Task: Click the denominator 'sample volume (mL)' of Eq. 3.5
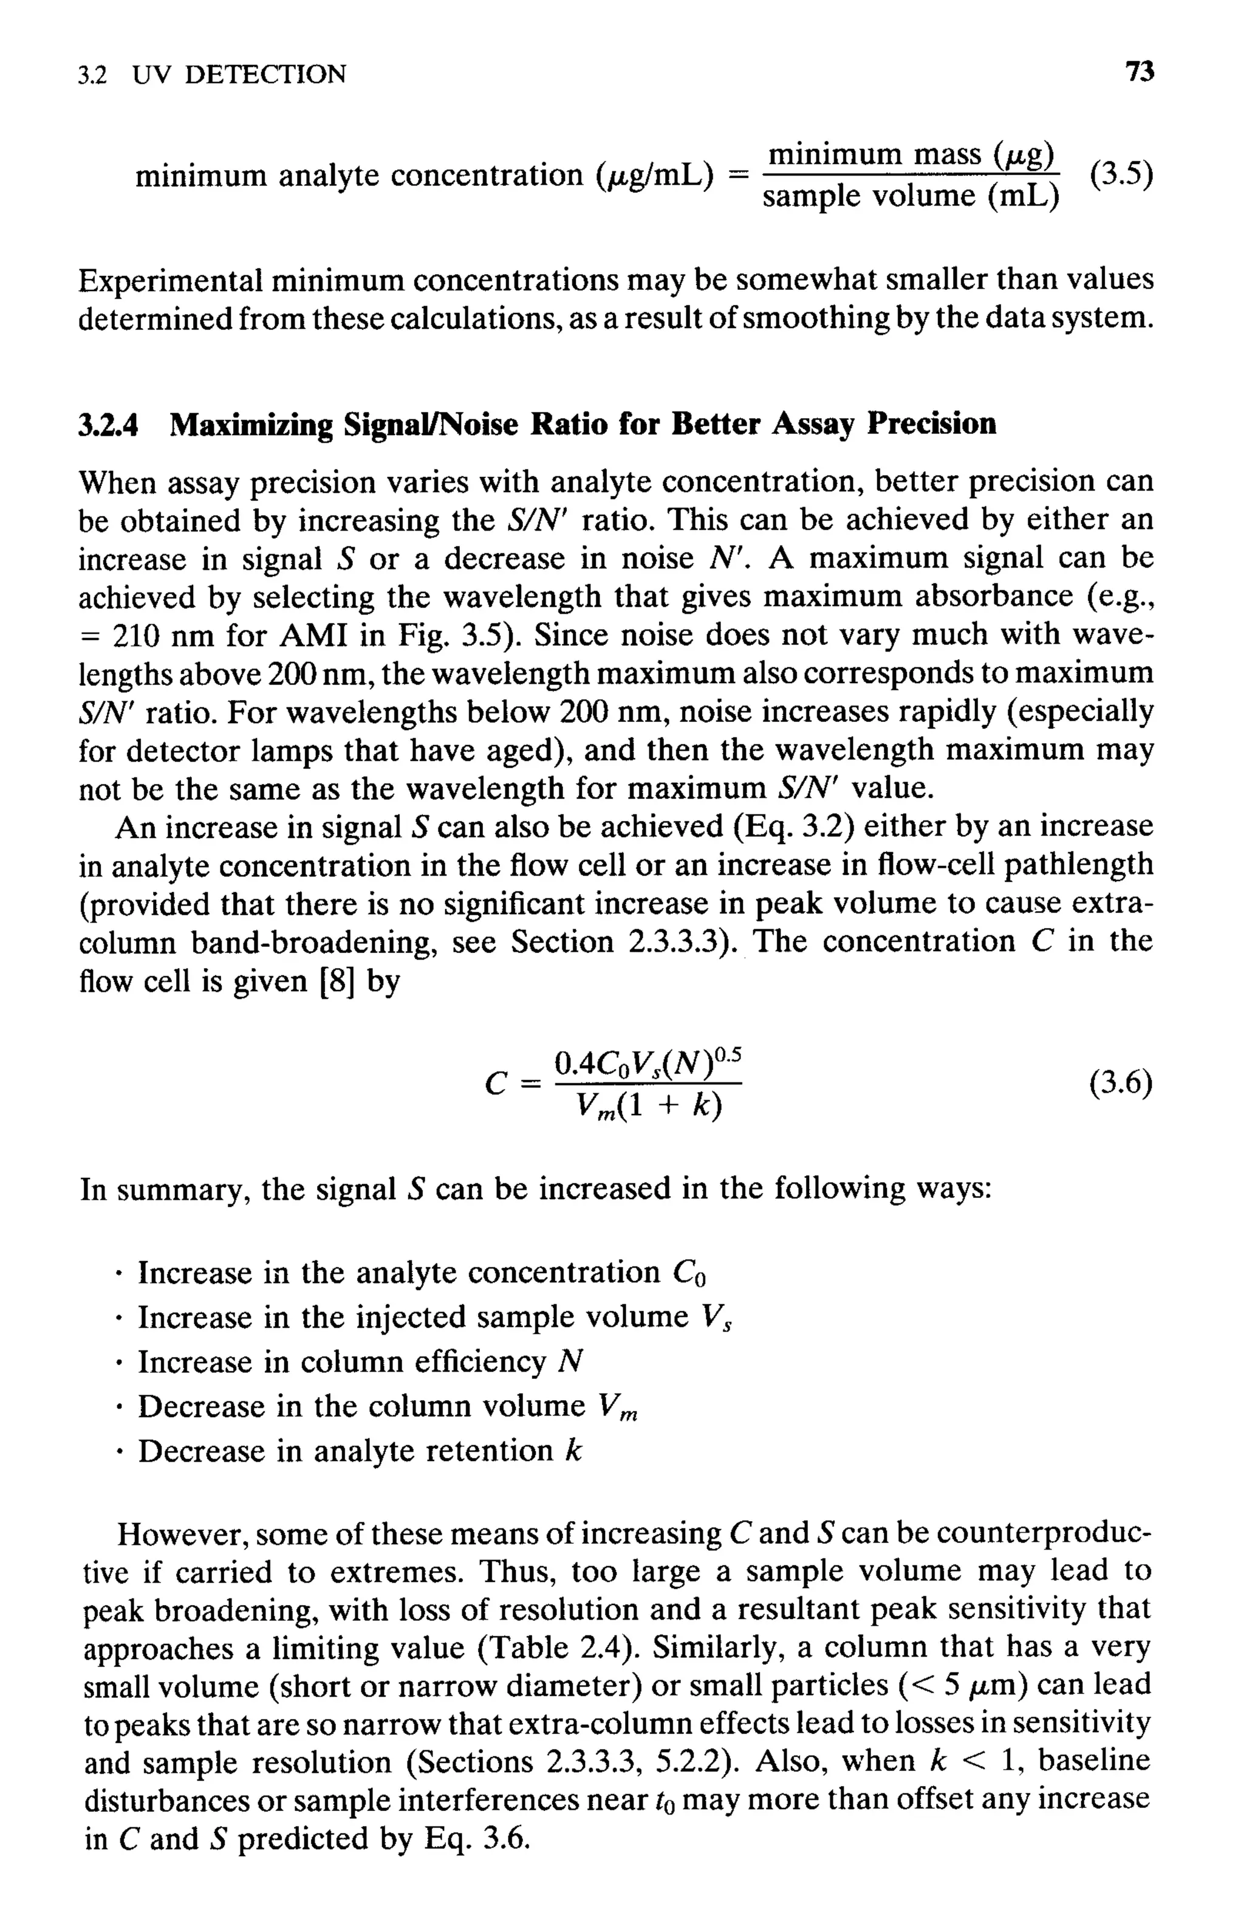click(x=911, y=196)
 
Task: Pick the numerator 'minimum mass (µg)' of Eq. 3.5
click(x=911, y=153)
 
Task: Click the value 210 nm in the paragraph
click(x=165, y=636)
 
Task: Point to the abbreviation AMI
click(x=310, y=636)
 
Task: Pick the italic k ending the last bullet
click(x=573, y=1451)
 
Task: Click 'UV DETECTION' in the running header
click(x=239, y=75)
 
